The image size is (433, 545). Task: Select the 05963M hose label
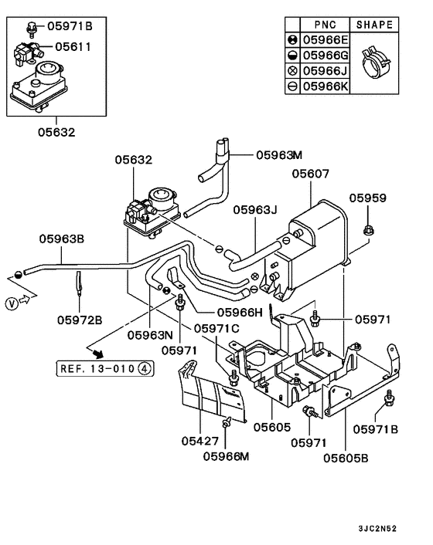pos(281,154)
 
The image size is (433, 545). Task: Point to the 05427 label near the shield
pos(201,442)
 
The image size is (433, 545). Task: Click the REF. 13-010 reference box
pos(105,369)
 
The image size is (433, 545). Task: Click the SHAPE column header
pos(375,25)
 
